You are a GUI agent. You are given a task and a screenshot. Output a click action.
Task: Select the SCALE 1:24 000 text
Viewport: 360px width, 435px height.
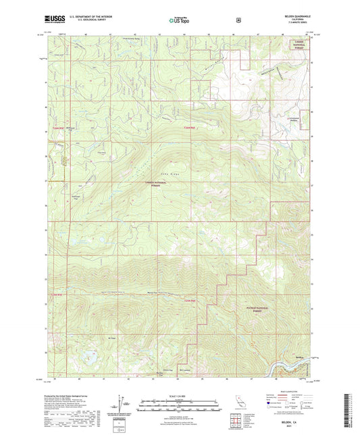coord(180,396)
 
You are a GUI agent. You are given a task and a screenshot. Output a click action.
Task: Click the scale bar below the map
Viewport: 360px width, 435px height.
coord(180,405)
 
